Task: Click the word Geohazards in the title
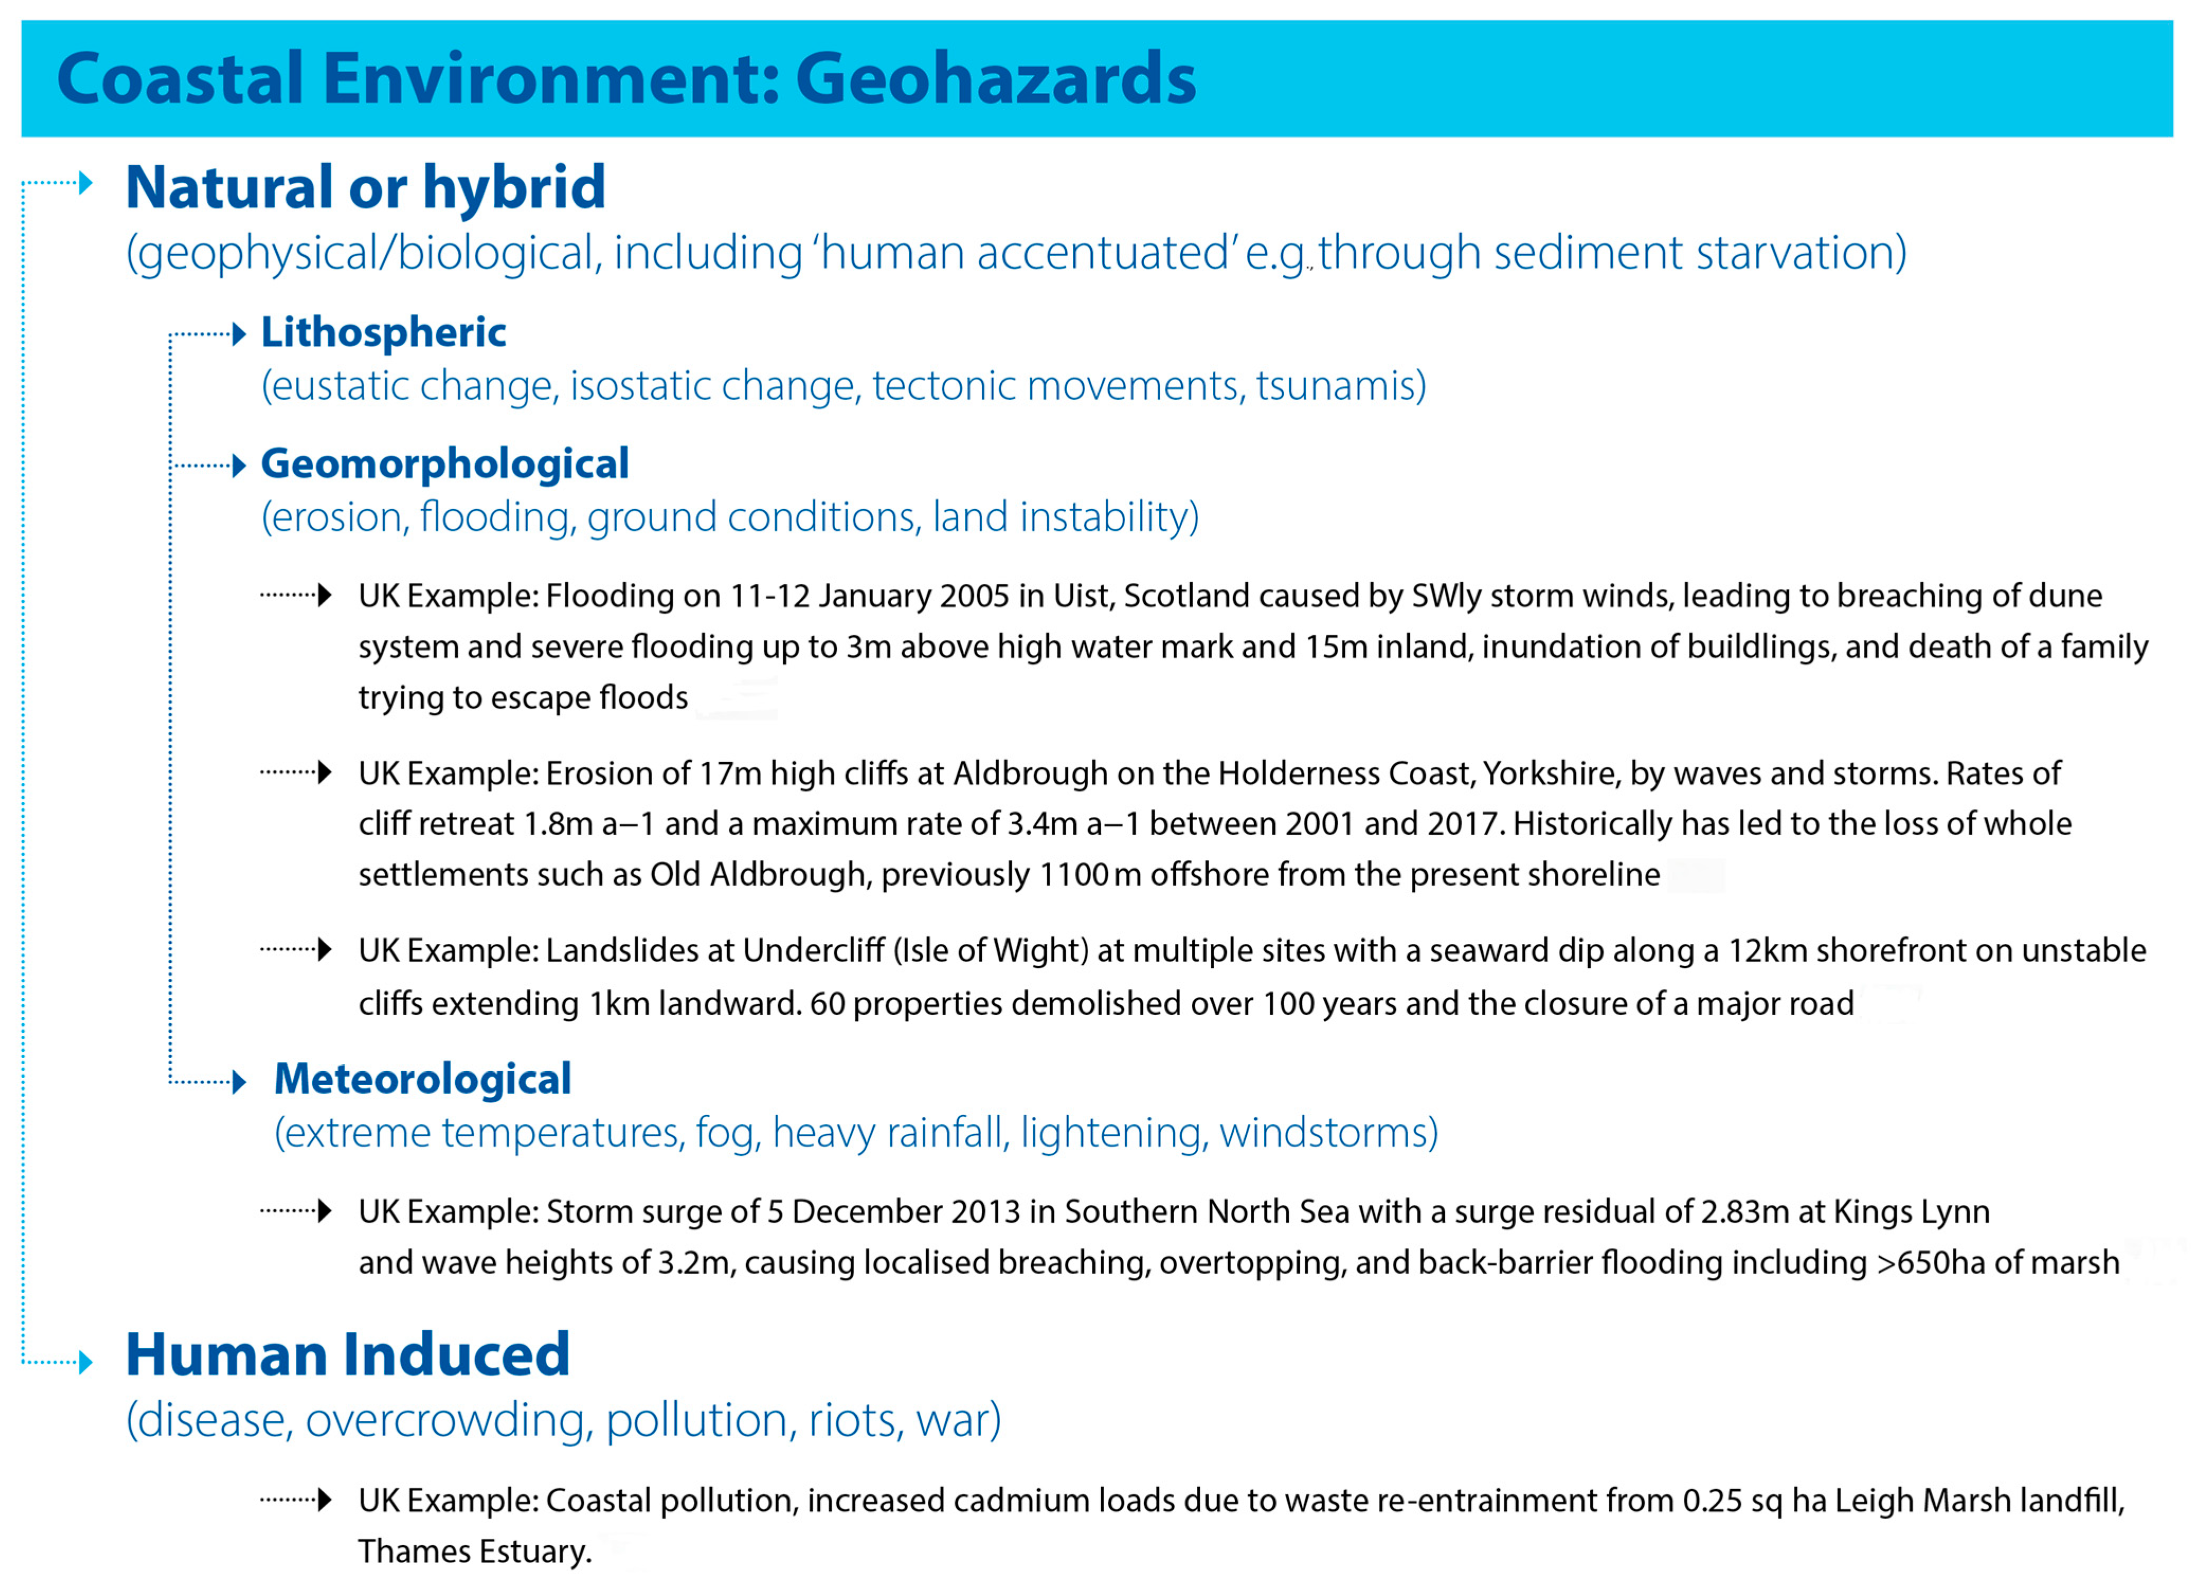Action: (995, 79)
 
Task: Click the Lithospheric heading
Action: (384, 332)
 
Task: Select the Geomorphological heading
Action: (445, 464)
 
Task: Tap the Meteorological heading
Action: (422, 1079)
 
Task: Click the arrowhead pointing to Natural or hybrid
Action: (86, 183)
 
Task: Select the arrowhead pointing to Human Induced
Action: (86, 1363)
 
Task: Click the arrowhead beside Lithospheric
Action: (240, 335)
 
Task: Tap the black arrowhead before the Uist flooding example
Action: (325, 594)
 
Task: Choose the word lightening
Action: (1110, 1133)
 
